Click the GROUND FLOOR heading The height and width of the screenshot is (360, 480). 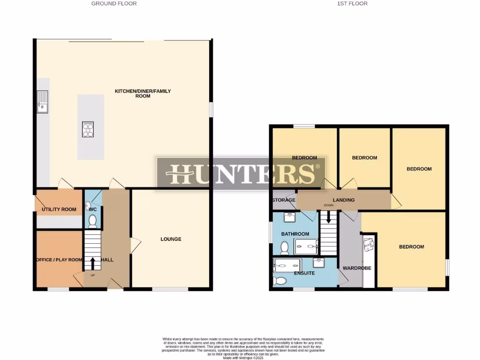coord(114,4)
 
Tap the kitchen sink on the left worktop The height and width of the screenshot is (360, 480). coord(43,102)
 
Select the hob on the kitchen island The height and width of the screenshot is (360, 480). coord(88,129)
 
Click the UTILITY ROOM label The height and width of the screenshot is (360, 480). coord(59,209)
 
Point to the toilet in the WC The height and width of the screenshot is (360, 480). coord(92,220)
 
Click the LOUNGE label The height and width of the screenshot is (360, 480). coord(171,239)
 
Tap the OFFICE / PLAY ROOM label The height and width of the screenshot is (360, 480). coord(59,260)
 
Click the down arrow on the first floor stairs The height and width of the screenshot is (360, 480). coord(329,217)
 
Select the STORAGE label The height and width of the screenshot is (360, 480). coord(284,200)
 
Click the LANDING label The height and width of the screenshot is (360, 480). coord(344,200)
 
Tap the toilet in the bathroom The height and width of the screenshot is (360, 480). coord(284,247)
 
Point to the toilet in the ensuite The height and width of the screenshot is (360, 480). coord(279,280)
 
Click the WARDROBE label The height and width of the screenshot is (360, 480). coord(357,268)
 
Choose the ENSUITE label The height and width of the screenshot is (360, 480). coord(304,273)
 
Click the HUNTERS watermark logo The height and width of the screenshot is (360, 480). coord(241,173)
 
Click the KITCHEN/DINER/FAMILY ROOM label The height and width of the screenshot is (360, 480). coord(143,93)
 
